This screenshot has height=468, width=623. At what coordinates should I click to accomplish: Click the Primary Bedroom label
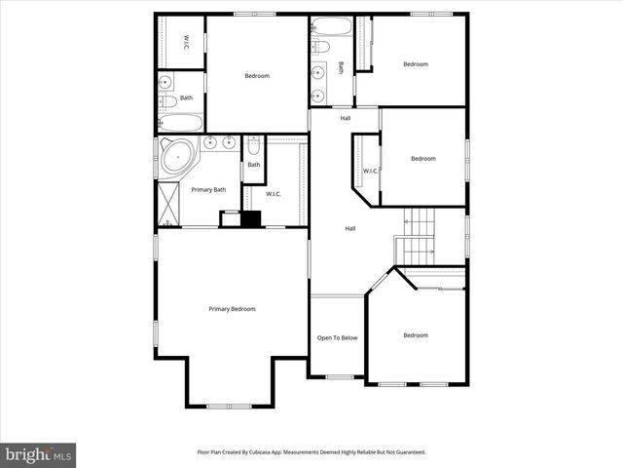(232, 309)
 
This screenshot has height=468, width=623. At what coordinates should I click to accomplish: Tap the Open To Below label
(338, 338)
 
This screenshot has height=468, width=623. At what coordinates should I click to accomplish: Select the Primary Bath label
(208, 189)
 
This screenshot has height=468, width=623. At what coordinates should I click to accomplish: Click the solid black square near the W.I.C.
(251, 219)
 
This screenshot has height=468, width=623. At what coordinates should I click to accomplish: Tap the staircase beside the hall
(419, 238)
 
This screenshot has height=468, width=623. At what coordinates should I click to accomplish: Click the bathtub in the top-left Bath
(181, 123)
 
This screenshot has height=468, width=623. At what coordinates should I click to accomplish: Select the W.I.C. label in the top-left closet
(186, 42)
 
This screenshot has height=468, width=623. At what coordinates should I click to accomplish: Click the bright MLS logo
(38, 454)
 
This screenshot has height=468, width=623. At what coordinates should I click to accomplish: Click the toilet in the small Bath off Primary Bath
(253, 147)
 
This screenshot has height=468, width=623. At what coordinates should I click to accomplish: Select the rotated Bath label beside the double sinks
(341, 67)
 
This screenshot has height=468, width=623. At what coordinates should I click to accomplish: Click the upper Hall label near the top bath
(346, 119)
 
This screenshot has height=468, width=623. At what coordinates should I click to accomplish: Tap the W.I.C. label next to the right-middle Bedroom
(370, 172)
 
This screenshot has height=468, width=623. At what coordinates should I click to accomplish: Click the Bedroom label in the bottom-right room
(416, 335)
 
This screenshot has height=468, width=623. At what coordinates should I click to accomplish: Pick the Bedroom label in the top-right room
(416, 64)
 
